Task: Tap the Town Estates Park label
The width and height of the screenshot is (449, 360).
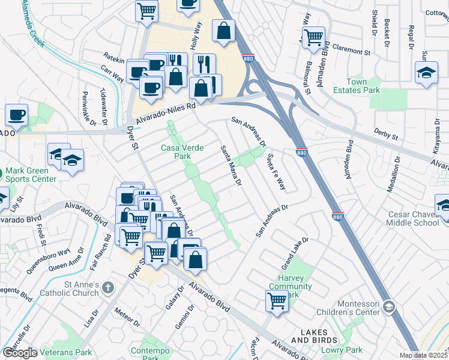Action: (363, 86)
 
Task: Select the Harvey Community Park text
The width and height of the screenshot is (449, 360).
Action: (290, 287)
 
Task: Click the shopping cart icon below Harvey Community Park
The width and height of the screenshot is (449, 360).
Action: (277, 301)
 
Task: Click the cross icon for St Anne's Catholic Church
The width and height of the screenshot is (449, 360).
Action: (108, 288)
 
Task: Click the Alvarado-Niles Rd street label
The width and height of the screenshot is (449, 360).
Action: (165, 113)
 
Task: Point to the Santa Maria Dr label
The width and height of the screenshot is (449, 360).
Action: (230, 165)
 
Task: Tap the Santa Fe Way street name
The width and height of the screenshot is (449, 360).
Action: (276, 172)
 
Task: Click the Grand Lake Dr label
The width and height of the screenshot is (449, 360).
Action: (295, 253)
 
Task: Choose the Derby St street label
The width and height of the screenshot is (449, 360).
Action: (385, 133)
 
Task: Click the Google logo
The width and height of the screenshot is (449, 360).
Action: (20, 353)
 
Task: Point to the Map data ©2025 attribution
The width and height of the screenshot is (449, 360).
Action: (423, 355)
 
